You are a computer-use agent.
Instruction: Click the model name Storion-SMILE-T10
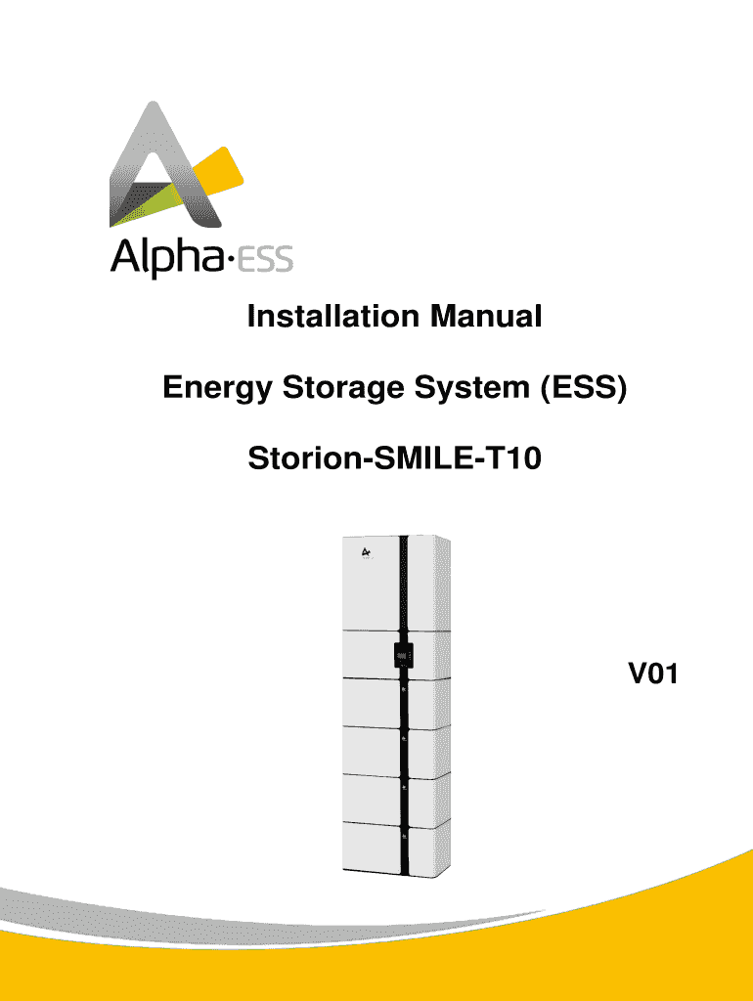[394, 457]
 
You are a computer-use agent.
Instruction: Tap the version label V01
[653, 674]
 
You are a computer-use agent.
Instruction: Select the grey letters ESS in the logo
[267, 262]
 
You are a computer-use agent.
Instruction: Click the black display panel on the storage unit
[402, 654]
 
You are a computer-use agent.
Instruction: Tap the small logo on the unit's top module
[366, 555]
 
